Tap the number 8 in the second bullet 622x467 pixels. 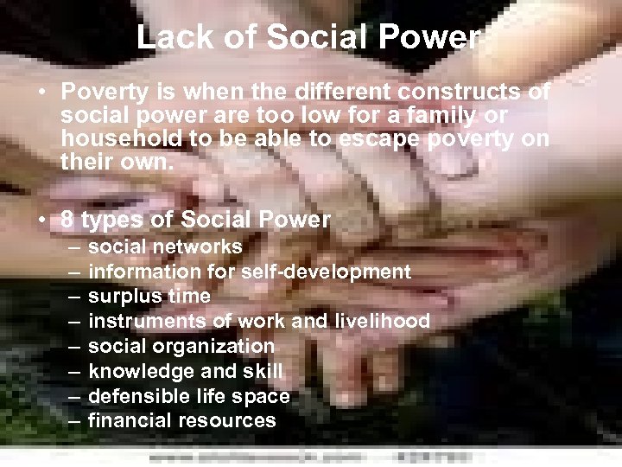coord(67,220)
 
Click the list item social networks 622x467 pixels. coord(165,246)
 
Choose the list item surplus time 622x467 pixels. coord(149,296)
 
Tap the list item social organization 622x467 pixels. coord(181,346)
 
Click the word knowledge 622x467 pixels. coord(131,371)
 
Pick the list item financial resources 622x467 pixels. coord(182,421)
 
